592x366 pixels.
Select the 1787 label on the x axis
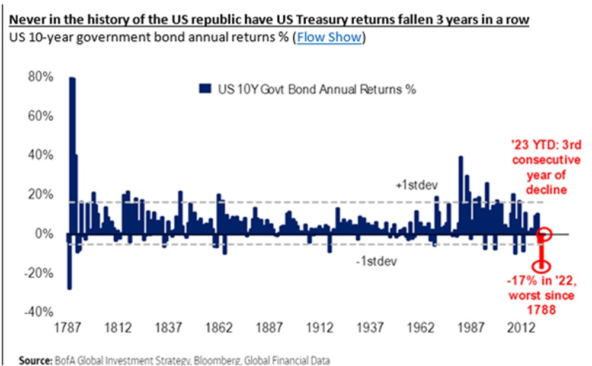pyautogui.click(x=66, y=327)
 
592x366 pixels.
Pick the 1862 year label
pyautogui.click(x=220, y=327)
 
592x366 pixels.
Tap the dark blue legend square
pyautogui.click(x=206, y=89)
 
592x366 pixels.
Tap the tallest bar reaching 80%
pyautogui.click(x=72, y=154)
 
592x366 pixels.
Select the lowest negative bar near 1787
pyautogui.click(x=69, y=261)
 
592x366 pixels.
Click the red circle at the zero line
pyautogui.click(x=546, y=234)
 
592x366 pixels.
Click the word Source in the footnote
pyautogui.click(x=34, y=359)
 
